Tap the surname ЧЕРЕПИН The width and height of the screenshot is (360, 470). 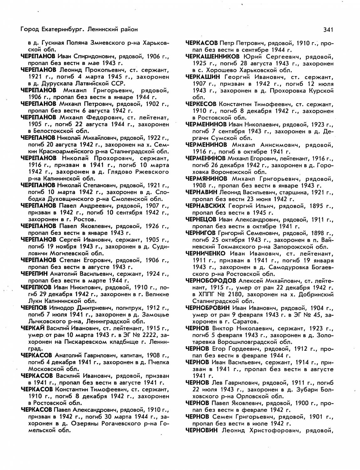34,274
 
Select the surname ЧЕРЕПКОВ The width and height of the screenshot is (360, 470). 36,287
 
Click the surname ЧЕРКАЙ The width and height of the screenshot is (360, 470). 33,328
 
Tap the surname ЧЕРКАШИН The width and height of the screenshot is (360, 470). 203,77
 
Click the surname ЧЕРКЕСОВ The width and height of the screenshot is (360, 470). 201,104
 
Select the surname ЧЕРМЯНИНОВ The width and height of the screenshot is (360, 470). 206,179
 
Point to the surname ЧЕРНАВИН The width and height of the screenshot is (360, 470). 201,192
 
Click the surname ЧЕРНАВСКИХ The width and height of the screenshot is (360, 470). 205,206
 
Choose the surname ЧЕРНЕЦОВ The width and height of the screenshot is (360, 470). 201,219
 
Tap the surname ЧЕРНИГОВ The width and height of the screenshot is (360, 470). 201,233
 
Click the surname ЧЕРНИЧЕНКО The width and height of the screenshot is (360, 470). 205,253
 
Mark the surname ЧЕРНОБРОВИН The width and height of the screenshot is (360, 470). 207,308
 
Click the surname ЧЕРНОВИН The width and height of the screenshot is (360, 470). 201,430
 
